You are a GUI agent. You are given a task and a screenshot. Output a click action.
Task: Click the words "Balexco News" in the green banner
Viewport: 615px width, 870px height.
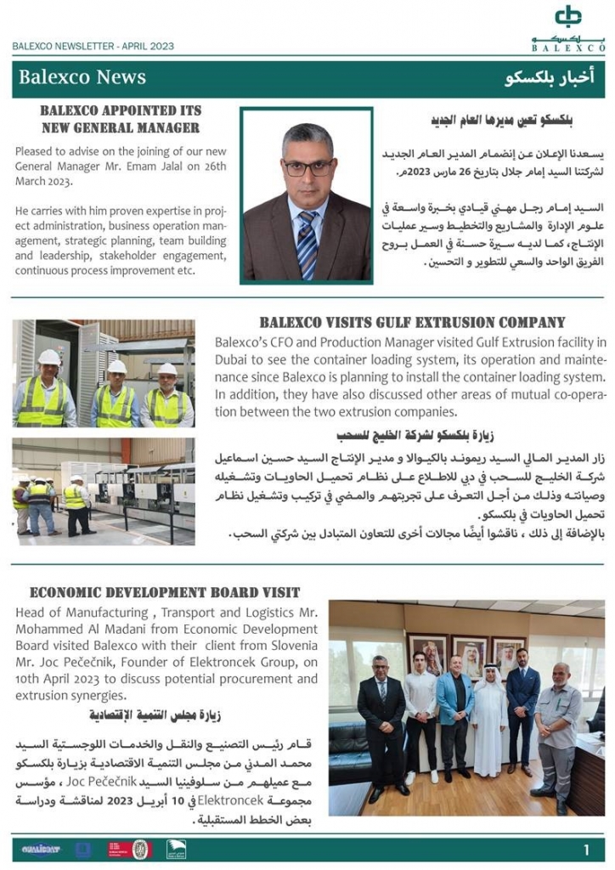(82, 77)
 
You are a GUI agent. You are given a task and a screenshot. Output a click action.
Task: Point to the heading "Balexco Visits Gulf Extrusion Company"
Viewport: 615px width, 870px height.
(411, 323)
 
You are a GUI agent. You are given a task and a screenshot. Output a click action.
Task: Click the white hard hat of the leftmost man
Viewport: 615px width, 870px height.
(48, 358)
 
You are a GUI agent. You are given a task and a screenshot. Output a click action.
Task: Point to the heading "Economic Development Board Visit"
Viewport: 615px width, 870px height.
(165, 592)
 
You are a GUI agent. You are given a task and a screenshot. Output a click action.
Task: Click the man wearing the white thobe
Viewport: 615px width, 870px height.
(488, 722)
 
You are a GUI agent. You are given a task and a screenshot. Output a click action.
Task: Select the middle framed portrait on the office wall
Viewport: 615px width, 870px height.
(469, 655)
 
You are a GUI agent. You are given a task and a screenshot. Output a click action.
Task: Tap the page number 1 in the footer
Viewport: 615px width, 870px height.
(587, 850)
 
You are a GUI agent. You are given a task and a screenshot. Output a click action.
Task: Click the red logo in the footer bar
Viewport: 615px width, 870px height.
(118, 850)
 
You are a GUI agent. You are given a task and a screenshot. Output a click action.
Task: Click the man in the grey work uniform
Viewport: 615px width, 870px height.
(558, 731)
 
